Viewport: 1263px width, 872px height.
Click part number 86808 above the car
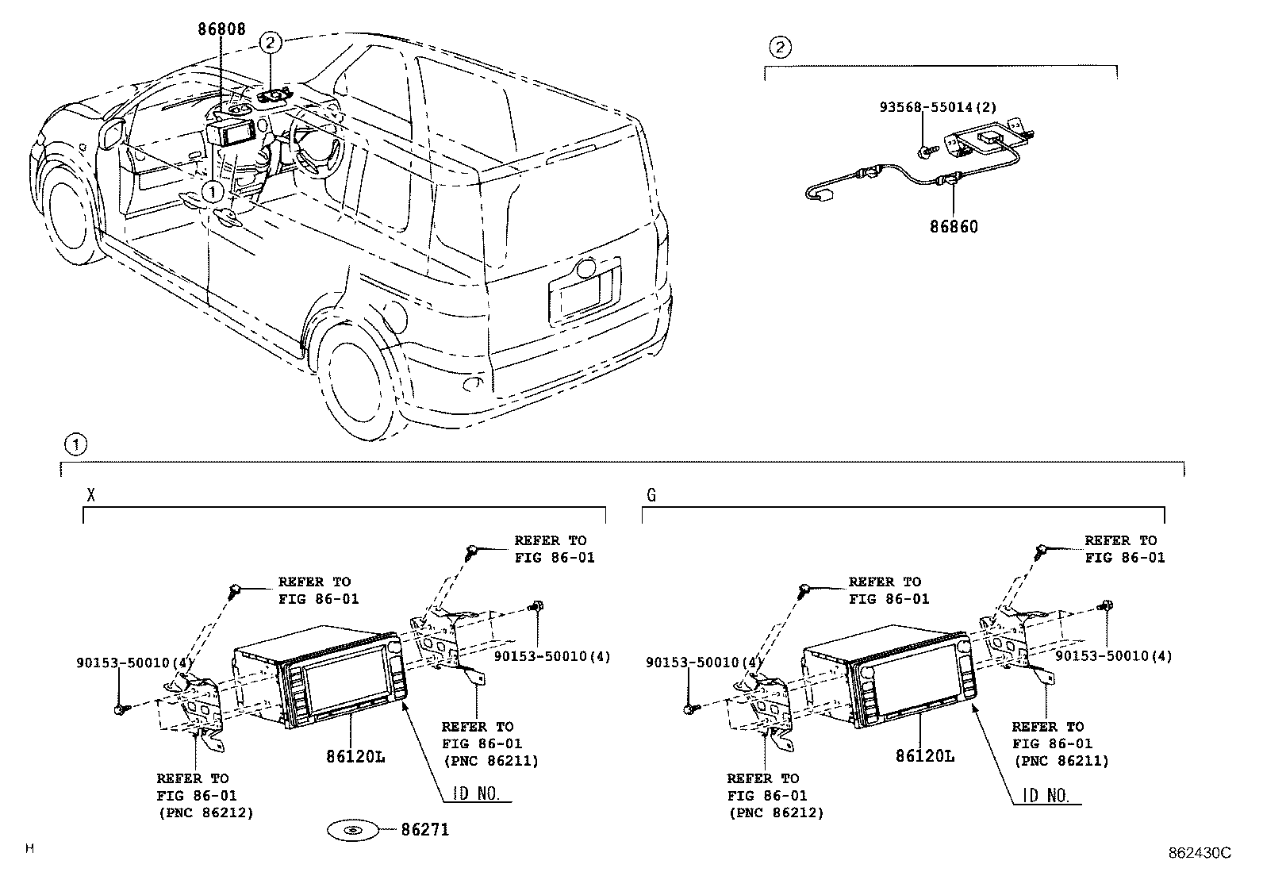222,29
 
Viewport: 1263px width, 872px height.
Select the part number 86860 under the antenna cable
954,226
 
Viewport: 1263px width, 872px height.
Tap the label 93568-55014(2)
937,106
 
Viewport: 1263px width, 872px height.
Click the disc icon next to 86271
354,831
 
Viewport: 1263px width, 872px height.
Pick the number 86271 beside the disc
425,830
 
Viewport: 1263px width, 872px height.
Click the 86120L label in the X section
355,756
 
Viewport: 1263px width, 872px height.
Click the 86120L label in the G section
925,756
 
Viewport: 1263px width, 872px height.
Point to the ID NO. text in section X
476,794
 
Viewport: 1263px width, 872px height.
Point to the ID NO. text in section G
1046,794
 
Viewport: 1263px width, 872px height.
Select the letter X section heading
91,495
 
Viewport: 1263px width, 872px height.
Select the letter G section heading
651,495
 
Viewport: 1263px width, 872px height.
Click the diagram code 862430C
1199,853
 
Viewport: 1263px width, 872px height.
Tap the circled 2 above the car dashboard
271,42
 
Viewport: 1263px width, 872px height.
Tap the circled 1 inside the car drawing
212,190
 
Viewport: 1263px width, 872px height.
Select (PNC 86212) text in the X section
205,812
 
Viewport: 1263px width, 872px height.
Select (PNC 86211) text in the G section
1061,761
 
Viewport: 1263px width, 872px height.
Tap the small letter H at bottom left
30,848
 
